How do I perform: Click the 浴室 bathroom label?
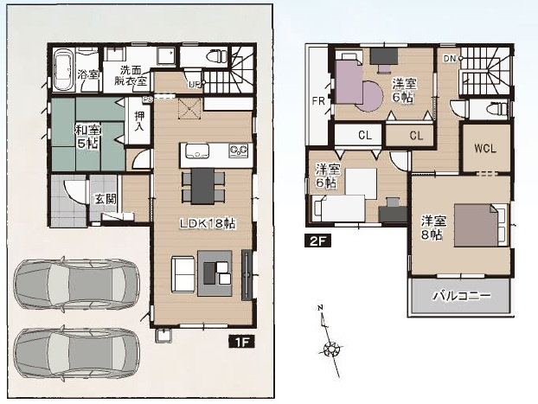click(87, 74)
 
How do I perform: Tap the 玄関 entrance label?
click(106, 200)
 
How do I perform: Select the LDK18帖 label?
click(208, 222)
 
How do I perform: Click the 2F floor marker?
click(317, 242)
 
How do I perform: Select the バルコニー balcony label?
click(462, 296)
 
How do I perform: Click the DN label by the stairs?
click(449, 59)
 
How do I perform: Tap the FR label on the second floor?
click(318, 101)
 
